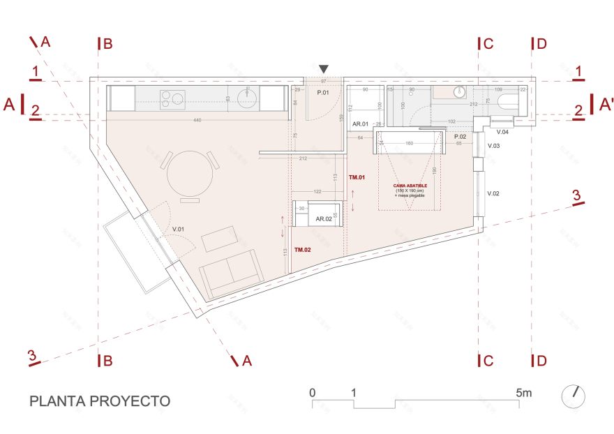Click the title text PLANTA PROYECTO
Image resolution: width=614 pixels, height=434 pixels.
(x=100, y=401)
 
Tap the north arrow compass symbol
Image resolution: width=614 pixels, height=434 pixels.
(x=574, y=396)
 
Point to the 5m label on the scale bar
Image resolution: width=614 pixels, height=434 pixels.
(x=523, y=393)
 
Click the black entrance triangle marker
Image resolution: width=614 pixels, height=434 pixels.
(x=323, y=68)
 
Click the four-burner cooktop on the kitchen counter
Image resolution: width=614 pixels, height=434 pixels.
(x=171, y=98)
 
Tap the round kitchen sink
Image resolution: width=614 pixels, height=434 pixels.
(x=248, y=98)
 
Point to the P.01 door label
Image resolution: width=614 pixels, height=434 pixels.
(x=323, y=93)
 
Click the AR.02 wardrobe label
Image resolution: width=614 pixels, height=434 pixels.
(x=323, y=218)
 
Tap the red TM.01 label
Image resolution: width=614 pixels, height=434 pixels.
(x=357, y=178)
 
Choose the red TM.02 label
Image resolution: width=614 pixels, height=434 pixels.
(x=303, y=249)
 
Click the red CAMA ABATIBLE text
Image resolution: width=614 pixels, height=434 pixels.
(x=410, y=186)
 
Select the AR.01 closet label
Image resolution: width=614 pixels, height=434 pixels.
(x=360, y=124)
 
